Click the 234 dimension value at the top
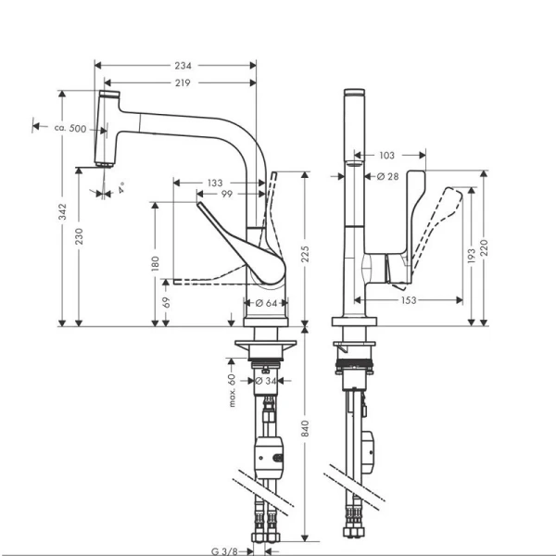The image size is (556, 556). [x=183, y=66]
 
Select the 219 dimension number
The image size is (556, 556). [x=183, y=83]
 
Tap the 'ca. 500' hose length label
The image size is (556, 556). [x=70, y=128]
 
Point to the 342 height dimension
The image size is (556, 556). [x=62, y=211]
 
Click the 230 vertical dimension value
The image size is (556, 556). [x=79, y=236]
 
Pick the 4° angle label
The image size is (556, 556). [x=121, y=188]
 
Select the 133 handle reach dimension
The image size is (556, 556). [x=215, y=183]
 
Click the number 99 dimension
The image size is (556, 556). [x=227, y=194]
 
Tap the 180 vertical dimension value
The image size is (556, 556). [x=156, y=264]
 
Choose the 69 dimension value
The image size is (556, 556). [x=166, y=302]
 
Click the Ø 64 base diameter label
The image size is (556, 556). [x=266, y=303]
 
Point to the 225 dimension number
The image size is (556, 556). [x=305, y=254]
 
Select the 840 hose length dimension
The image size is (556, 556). [x=305, y=428]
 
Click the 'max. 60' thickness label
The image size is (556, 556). [x=232, y=390]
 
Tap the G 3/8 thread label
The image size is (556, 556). [x=224, y=551]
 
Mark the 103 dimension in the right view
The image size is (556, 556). [x=386, y=156]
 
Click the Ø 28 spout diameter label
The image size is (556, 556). [x=387, y=176]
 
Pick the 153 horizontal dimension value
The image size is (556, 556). [x=409, y=300]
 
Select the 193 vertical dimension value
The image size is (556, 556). [x=472, y=256]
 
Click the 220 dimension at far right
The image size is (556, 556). [x=484, y=247]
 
